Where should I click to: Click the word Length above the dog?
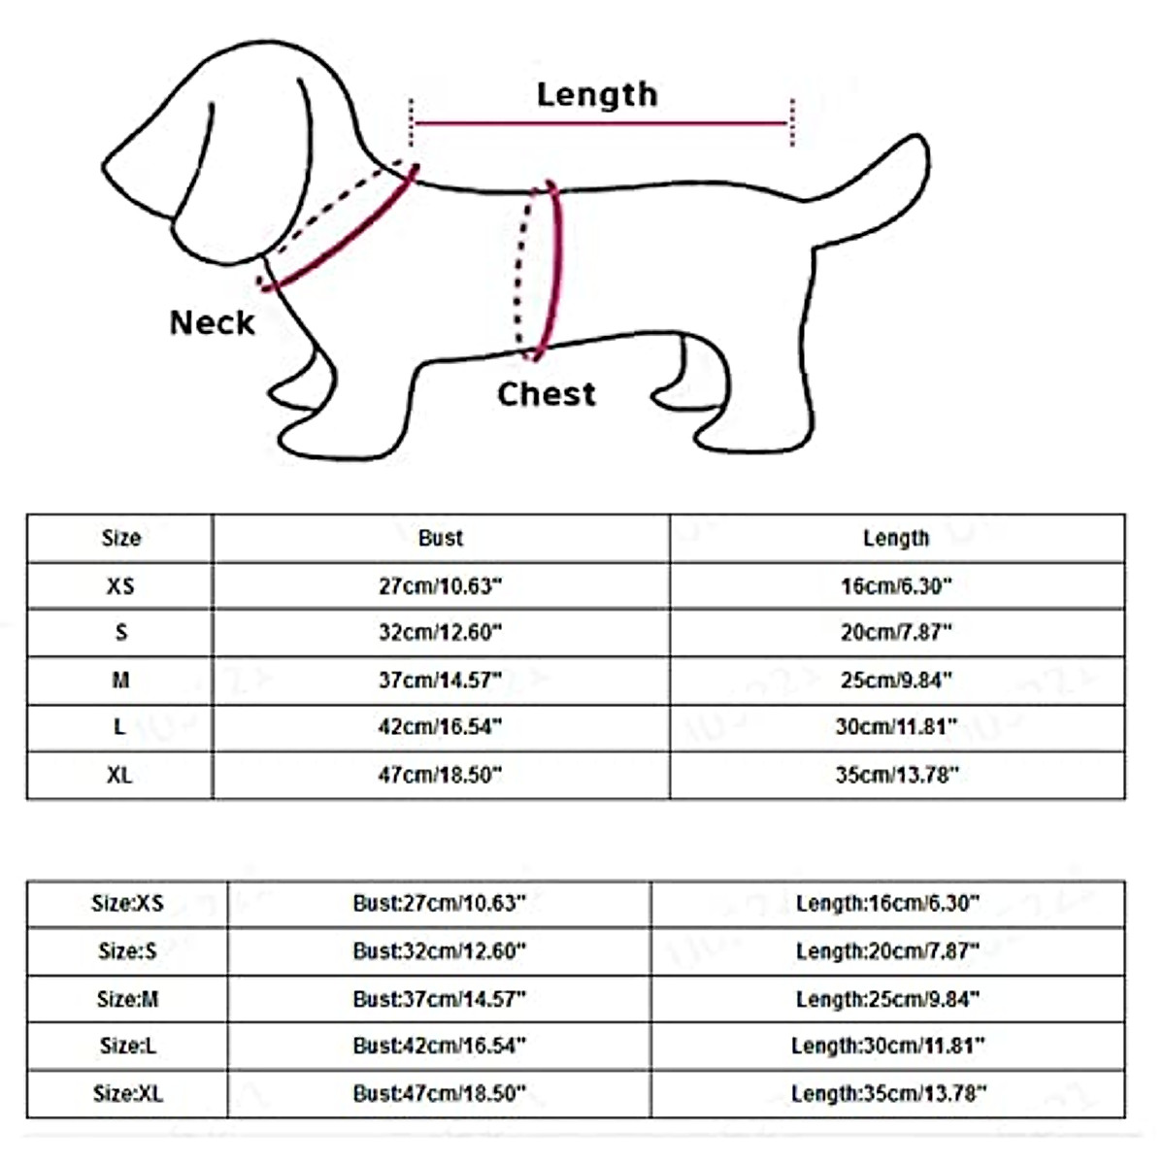(597, 94)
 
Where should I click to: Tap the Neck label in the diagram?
(212, 322)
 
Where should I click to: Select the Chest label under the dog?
(546, 393)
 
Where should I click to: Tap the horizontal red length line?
(602, 123)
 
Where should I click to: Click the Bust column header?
(441, 538)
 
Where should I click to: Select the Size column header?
(120, 538)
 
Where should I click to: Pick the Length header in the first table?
(896, 538)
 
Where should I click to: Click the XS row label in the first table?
(120, 586)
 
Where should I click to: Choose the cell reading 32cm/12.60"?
(441, 633)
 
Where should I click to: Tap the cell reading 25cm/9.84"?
(896, 681)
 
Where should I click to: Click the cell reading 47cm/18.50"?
(441, 775)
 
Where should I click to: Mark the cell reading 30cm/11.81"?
(896, 726)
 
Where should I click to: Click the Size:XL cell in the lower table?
(128, 1094)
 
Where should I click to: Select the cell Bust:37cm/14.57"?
(439, 999)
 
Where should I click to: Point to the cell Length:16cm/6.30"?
(887, 904)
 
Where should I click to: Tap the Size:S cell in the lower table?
(127, 951)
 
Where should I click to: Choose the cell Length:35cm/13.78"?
(888, 1094)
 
